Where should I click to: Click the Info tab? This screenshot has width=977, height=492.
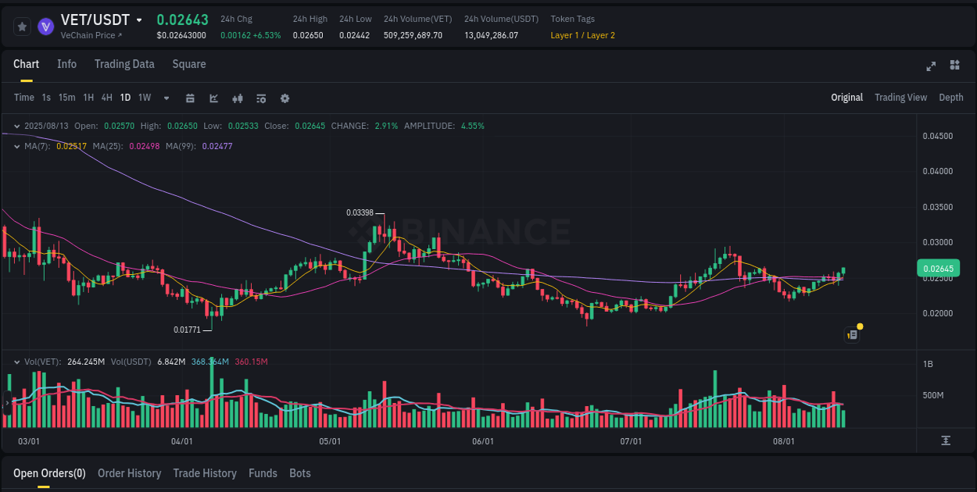point(66,64)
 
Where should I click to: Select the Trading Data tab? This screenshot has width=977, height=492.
point(124,64)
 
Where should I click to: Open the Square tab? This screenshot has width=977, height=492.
point(189,64)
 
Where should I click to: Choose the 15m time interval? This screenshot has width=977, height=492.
point(67,98)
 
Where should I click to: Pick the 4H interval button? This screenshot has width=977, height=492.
point(106,98)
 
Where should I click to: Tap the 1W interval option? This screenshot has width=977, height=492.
point(145,98)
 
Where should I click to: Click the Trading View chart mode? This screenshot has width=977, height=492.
point(900,98)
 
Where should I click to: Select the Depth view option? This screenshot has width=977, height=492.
point(950,98)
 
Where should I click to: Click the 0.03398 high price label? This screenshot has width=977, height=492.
point(360,212)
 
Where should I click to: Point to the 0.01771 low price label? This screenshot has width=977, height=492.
point(188,330)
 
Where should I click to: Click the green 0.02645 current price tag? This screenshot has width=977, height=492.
point(938,269)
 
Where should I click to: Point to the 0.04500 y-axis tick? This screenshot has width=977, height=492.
point(937,136)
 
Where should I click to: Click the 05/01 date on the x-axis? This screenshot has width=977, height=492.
point(330,441)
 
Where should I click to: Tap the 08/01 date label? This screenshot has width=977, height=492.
point(783,441)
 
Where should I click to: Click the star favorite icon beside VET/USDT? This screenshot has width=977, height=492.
point(22,27)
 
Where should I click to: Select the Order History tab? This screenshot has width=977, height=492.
point(129,473)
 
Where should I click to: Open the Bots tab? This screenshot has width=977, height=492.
point(300,473)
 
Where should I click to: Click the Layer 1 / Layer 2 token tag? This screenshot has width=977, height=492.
point(582,35)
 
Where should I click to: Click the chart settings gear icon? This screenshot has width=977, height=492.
point(285,98)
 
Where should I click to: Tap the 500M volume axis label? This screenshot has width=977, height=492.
point(933,395)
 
